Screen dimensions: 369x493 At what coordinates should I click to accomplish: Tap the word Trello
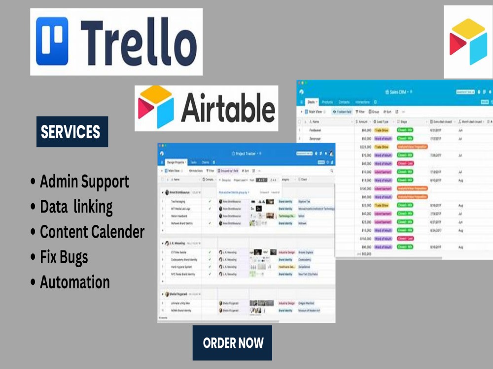pyautogui.click(x=138, y=43)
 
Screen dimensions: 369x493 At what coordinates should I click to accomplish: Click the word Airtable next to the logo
pyautogui.click(x=228, y=108)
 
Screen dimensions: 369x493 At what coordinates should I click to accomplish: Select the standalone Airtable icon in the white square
pyautogui.click(x=468, y=42)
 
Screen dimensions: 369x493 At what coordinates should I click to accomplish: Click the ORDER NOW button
pyautogui.click(x=233, y=343)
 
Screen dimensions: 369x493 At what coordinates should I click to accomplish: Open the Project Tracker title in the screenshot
pyautogui.click(x=246, y=154)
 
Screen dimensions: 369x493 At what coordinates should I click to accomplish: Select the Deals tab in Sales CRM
pyautogui.click(x=311, y=102)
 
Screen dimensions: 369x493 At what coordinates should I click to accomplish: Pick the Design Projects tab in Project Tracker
pyautogui.click(x=176, y=162)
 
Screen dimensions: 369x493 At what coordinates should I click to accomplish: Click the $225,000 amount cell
pyautogui.click(x=364, y=147)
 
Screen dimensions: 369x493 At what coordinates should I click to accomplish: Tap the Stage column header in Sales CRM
pyautogui.click(x=403, y=122)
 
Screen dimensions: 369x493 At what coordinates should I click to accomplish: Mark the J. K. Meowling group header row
pyautogui.click(x=177, y=243)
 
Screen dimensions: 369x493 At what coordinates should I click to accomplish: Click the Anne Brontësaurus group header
pyautogui.click(x=182, y=192)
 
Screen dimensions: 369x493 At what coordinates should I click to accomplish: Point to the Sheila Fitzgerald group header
pyautogui.click(x=179, y=294)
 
